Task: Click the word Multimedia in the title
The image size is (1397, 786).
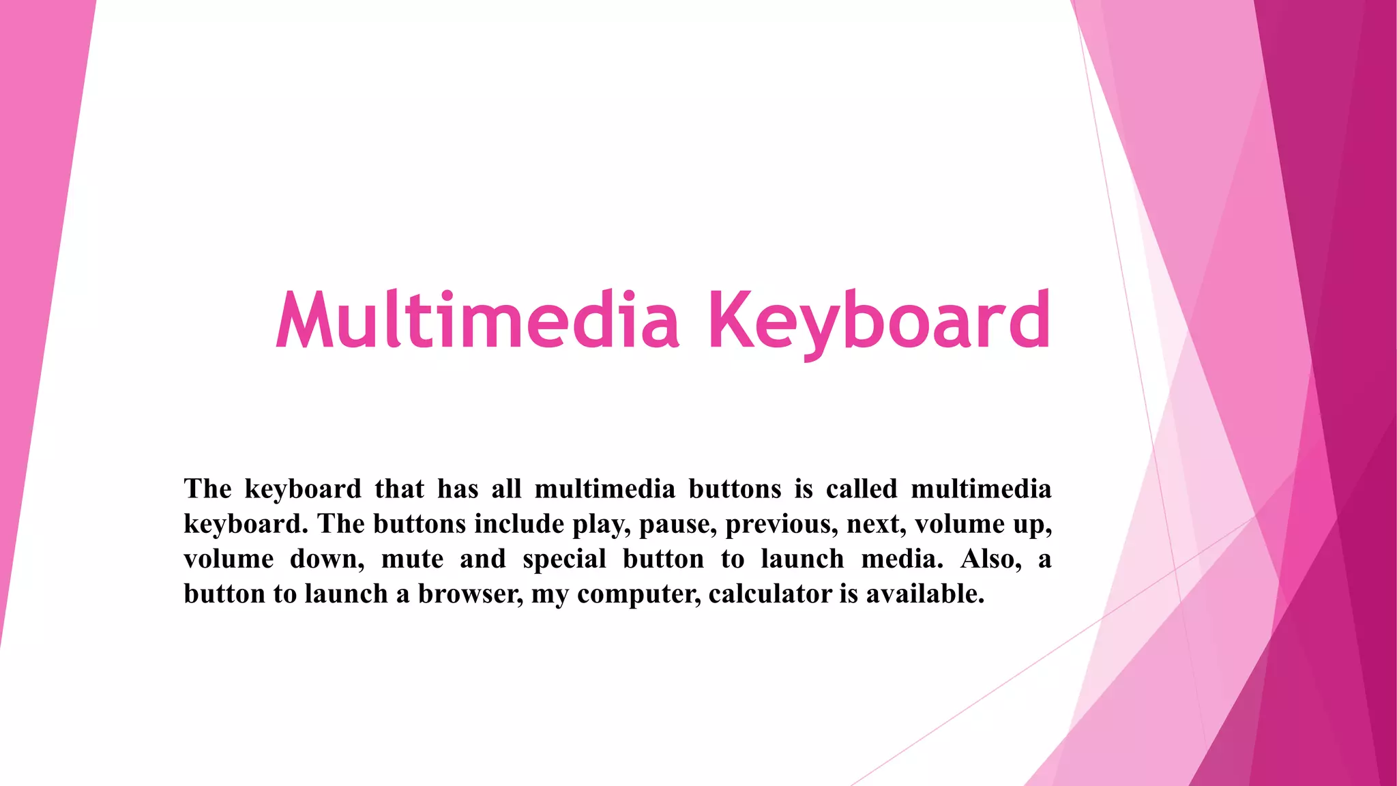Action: tap(477, 320)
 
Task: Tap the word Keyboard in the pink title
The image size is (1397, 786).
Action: tap(879, 320)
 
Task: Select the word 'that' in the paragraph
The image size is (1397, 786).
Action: tap(399, 489)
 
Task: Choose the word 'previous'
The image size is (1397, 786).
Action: tap(781, 524)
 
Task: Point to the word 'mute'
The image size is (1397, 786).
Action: tap(412, 559)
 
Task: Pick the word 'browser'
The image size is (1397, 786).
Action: tap(470, 594)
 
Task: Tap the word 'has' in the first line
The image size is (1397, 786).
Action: tap(458, 489)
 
